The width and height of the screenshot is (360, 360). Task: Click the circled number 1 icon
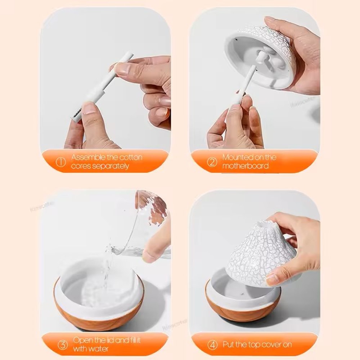(62, 162)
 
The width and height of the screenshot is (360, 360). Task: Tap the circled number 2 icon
(212, 162)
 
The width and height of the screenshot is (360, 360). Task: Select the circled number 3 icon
(63, 345)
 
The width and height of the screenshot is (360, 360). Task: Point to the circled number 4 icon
(212, 345)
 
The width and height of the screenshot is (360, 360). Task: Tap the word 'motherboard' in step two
(245, 166)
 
